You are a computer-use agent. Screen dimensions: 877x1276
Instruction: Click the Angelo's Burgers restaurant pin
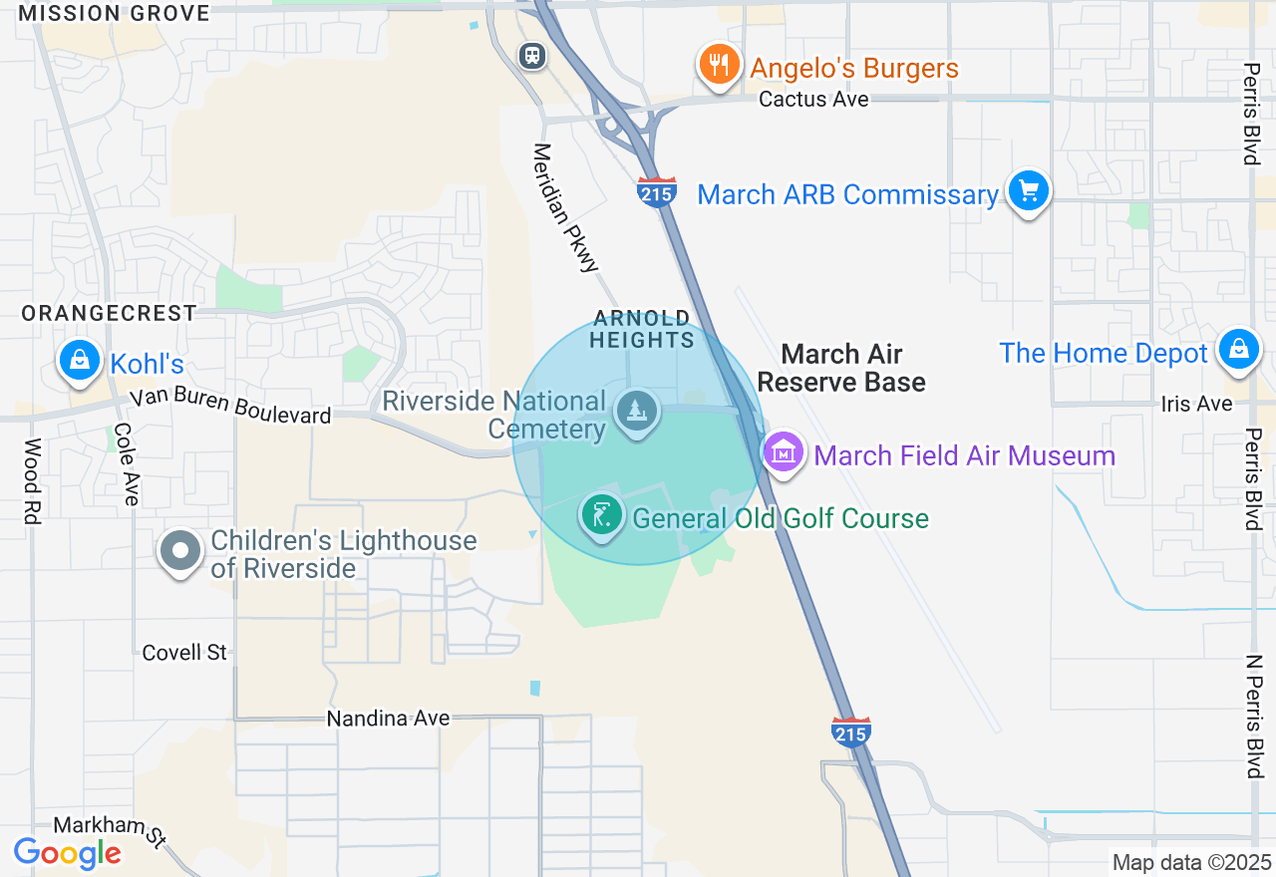[x=718, y=65]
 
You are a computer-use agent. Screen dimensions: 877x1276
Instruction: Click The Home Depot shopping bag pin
[x=1238, y=350]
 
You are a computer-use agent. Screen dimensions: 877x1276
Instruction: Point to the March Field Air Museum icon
[x=784, y=453]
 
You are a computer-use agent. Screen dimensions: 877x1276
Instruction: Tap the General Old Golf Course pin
[x=601, y=516]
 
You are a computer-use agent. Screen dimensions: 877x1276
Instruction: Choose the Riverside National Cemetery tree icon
[x=636, y=410]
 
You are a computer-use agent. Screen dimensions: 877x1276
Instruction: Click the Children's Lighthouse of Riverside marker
[x=180, y=550]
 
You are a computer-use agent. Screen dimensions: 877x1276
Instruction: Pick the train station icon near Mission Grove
[x=532, y=56]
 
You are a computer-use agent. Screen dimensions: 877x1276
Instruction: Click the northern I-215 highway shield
[x=657, y=191]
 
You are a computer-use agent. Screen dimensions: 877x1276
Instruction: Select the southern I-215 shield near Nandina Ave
[x=850, y=731]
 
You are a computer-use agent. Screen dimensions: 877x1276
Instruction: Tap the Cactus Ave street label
[x=813, y=100]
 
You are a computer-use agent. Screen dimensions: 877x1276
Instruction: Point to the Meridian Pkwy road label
[x=565, y=207]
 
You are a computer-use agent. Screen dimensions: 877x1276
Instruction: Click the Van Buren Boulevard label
[x=230, y=406]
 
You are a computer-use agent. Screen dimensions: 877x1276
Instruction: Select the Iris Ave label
[x=1196, y=404]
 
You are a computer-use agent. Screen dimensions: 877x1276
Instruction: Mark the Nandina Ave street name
[x=389, y=719]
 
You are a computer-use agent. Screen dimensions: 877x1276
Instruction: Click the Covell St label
[x=184, y=653]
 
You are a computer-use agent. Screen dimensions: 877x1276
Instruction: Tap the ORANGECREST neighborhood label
[x=110, y=313]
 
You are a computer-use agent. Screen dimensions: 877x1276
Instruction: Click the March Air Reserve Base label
[x=841, y=368]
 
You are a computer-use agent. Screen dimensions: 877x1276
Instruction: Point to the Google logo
[x=67, y=853]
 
